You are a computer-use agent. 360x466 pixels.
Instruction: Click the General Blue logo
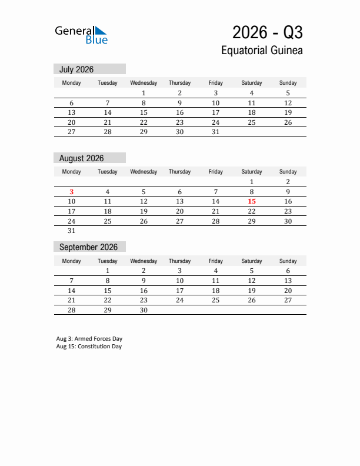(81, 35)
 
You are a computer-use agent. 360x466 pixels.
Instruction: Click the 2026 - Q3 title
(267, 32)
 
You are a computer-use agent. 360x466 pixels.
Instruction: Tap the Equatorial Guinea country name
(262, 51)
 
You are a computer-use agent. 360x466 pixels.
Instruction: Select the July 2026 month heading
(76, 69)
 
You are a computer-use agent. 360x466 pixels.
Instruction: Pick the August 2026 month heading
(81, 158)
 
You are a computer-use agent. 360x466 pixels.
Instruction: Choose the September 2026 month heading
(88, 247)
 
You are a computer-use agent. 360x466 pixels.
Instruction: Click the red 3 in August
(72, 192)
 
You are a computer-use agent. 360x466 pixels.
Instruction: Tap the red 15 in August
(252, 201)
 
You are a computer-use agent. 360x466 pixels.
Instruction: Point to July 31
(216, 132)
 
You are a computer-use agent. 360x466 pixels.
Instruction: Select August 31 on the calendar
(72, 231)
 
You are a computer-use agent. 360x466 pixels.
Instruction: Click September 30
(144, 310)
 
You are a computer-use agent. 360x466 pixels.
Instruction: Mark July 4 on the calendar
(252, 93)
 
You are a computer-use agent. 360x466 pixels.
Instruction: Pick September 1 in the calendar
(108, 271)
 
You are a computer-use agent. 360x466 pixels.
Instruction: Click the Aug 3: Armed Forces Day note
(89, 339)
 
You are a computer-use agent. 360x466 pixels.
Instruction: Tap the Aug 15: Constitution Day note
(89, 347)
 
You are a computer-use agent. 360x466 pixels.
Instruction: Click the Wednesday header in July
(144, 83)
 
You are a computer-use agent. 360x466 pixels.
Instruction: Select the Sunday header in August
(288, 172)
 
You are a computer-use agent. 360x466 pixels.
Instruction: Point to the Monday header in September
(72, 261)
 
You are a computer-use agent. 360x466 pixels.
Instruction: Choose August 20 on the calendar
(180, 211)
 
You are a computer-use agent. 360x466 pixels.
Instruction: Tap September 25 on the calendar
(216, 300)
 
